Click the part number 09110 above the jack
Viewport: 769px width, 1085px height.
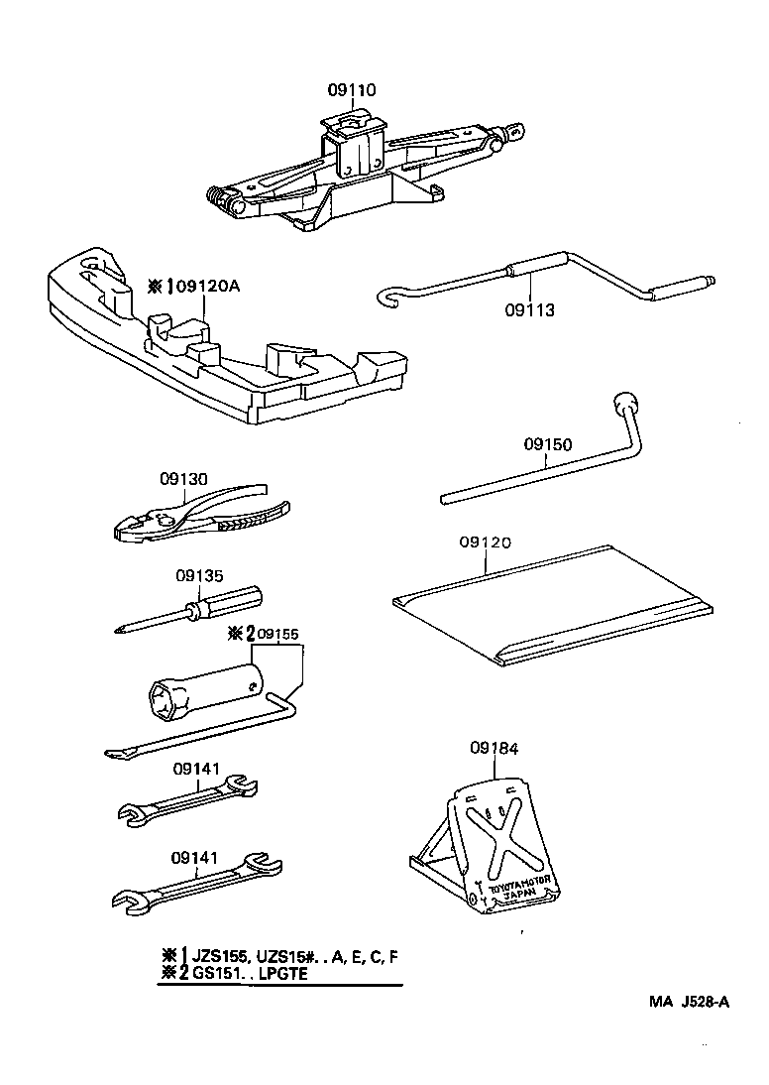[353, 90]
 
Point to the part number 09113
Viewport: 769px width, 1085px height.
[528, 309]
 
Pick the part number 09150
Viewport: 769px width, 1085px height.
[547, 446]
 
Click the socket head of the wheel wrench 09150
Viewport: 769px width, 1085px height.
[623, 403]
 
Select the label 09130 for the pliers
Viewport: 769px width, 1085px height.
[184, 478]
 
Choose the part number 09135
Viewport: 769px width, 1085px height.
[199, 575]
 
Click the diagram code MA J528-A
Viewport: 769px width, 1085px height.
[690, 1001]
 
